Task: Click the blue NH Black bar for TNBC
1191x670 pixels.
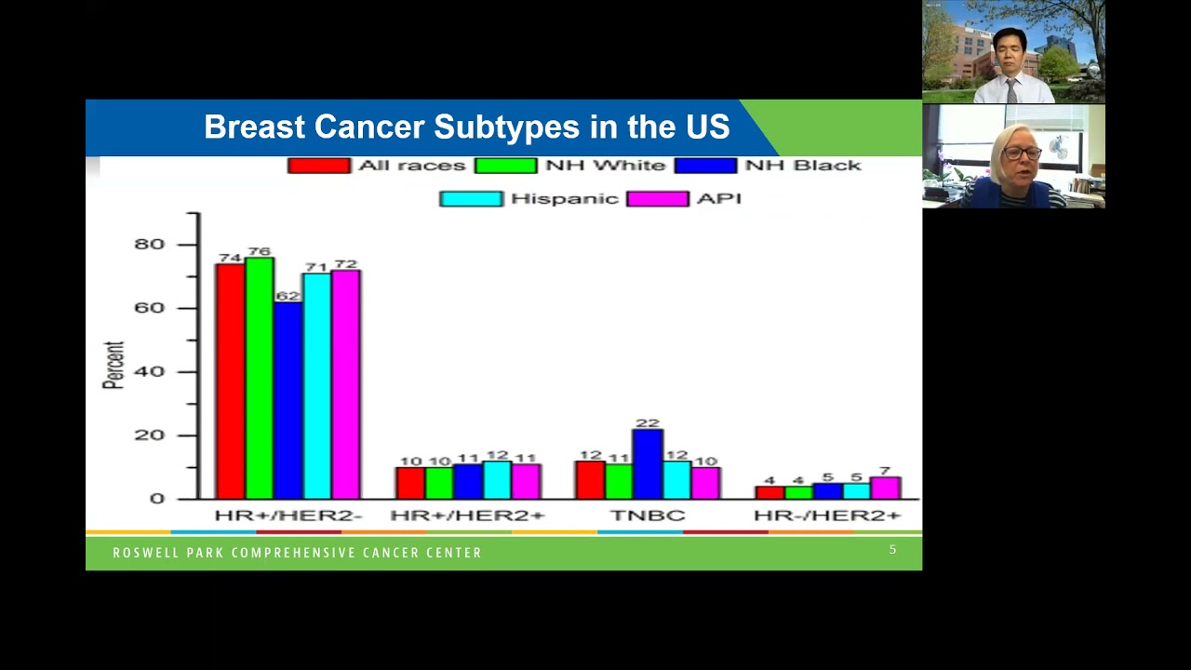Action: click(x=648, y=463)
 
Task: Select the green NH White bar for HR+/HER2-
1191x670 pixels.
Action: click(x=260, y=377)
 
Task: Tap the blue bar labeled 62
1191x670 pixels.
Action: click(x=288, y=400)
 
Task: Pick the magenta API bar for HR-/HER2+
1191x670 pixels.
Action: click(x=885, y=488)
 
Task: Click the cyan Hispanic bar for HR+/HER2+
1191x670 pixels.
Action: click(x=497, y=480)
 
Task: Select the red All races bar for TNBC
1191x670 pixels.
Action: click(x=590, y=480)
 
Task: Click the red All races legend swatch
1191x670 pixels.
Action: click(x=318, y=166)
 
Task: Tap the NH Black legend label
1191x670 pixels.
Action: click(x=803, y=166)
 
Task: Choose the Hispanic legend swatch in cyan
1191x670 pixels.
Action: click(x=471, y=198)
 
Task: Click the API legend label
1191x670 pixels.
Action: click(x=718, y=198)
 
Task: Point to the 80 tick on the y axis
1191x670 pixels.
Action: click(x=150, y=244)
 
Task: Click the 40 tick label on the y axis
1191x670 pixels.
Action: click(x=150, y=371)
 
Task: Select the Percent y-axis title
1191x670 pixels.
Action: click(x=114, y=365)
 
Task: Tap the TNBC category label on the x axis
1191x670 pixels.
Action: click(x=648, y=515)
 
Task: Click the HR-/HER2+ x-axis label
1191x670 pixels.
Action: click(x=827, y=515)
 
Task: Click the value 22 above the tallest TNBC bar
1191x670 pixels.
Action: click(x=648, y=422)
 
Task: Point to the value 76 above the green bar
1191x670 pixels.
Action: click(x=260, y=251)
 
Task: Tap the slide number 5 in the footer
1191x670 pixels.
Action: click(x=892, y=550)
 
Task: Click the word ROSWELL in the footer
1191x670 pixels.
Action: click(x=141, y=553)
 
